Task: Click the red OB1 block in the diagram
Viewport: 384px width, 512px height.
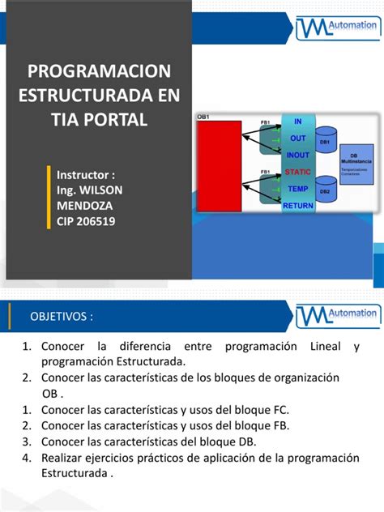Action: (x=219, y=165)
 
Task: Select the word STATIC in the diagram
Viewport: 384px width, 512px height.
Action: (x=297, y=172)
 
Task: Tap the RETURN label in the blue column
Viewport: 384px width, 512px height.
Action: (x=297, y=206)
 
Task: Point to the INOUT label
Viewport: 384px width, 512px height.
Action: (x=297, y=155)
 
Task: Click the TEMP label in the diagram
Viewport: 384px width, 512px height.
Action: (x=297, y=189)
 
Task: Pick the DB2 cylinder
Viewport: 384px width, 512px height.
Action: (x=325, y=188)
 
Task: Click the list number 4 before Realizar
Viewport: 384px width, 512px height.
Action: (x=27, y=458)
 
